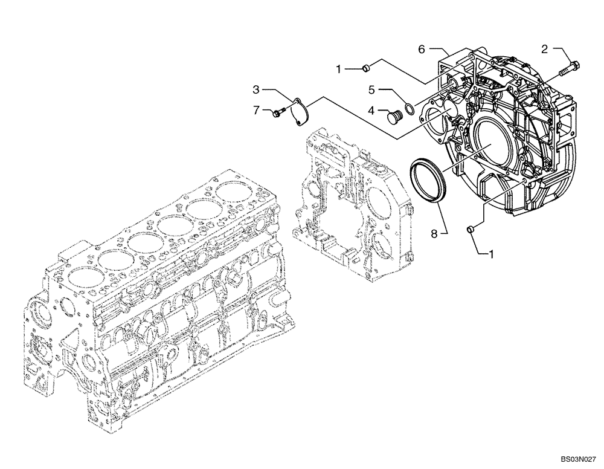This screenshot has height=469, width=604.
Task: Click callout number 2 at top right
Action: (544, 50)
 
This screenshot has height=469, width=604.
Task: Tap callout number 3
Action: (256, 90)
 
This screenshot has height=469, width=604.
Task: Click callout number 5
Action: (373, 90)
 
